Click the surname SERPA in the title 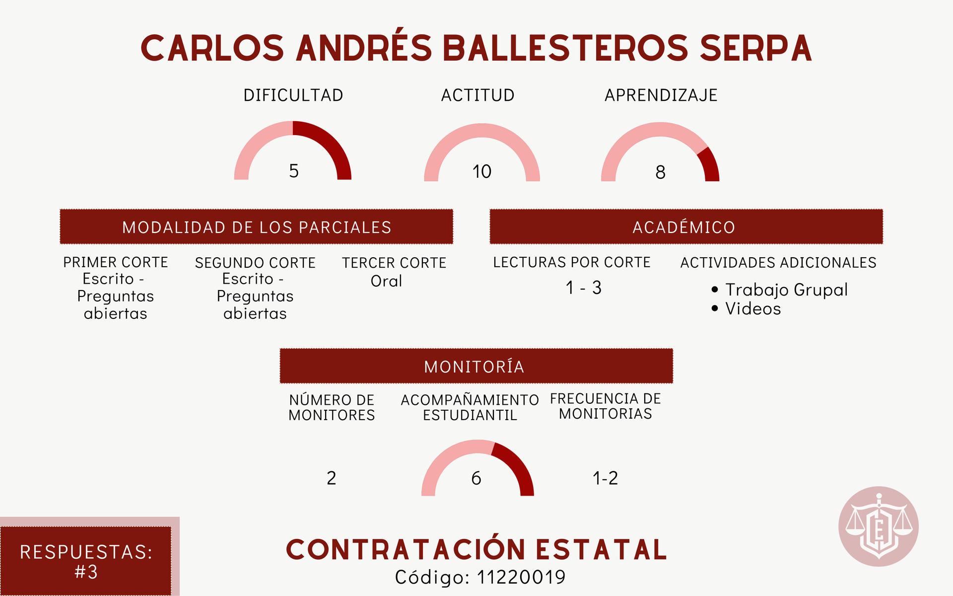[756, 48]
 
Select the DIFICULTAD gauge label [293, 95]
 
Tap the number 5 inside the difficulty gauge [294, 171]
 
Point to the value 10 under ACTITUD [481, 172]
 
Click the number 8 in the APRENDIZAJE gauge [660, 172]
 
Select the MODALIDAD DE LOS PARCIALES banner [257, 227]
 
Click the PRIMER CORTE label [116, 262]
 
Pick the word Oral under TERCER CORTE [386, 281]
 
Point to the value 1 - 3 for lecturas [583, 288]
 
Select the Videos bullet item [746, 308]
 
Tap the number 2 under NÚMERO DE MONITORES [332, 478]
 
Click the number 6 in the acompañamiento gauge [476, 478]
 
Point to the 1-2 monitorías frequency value [606, 478]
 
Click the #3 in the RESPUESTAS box [86, 572]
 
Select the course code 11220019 [521, 577]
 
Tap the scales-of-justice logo [879, 526]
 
